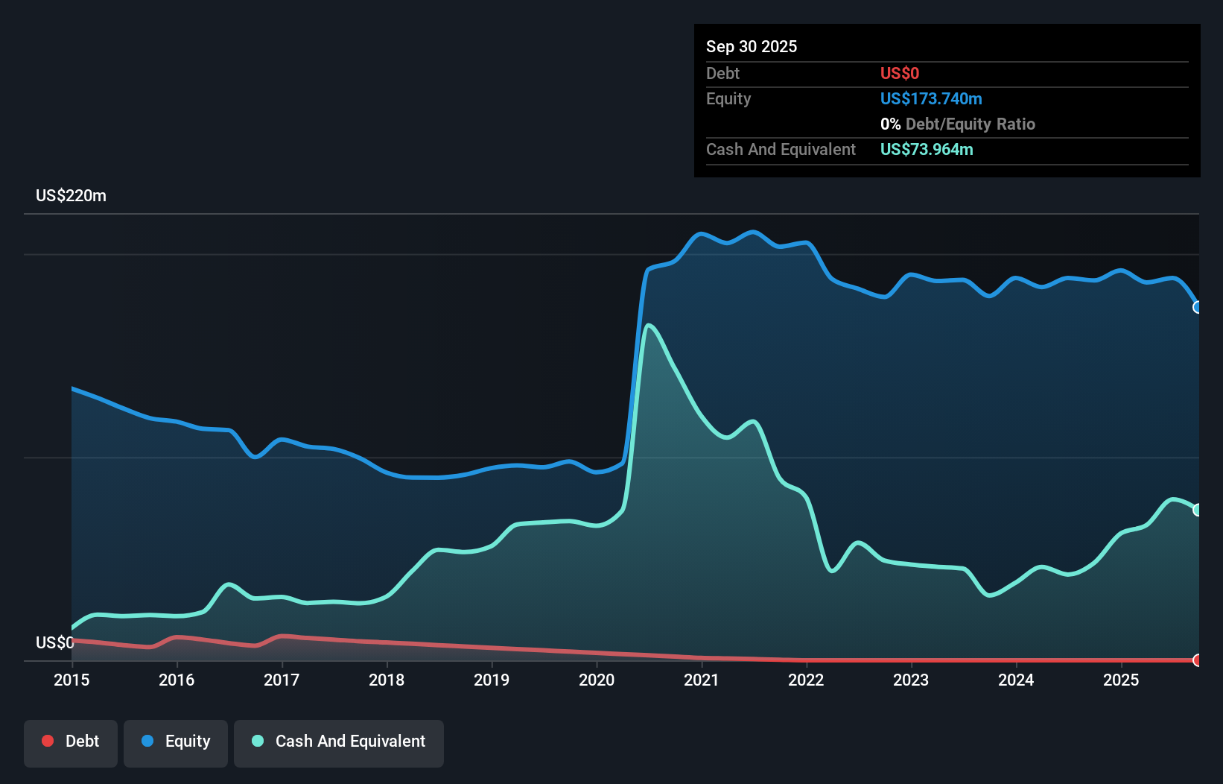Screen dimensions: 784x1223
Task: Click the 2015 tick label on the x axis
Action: [72, 680]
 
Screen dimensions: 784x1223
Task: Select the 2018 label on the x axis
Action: [387, 680]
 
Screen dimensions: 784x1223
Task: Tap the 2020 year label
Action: [597, 680]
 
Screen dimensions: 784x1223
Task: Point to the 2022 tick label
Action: [806, 680]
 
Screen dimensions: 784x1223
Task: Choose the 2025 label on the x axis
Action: [1121, 680]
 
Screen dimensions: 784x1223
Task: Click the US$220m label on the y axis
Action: [71, 196]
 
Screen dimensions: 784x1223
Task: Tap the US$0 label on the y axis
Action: [54, 642]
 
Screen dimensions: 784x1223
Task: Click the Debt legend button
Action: [71, 742]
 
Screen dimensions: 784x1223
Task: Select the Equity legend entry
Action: [176, 742]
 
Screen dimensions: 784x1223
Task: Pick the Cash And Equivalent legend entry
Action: [339, 742]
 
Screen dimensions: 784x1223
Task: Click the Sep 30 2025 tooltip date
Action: [751, 46]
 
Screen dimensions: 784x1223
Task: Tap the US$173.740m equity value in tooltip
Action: [930, 98]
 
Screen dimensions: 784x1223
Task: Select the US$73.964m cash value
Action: [926, 149]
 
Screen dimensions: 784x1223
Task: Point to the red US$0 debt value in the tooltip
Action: [899, 73]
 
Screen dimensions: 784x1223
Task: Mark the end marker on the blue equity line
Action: [1198, 307]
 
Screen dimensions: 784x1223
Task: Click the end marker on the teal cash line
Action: [1198, 510]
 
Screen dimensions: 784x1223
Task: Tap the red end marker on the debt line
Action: [1198, 660]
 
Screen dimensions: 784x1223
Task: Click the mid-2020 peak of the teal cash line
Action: [649, 325]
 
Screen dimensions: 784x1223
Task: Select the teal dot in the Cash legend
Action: [258, 741]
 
